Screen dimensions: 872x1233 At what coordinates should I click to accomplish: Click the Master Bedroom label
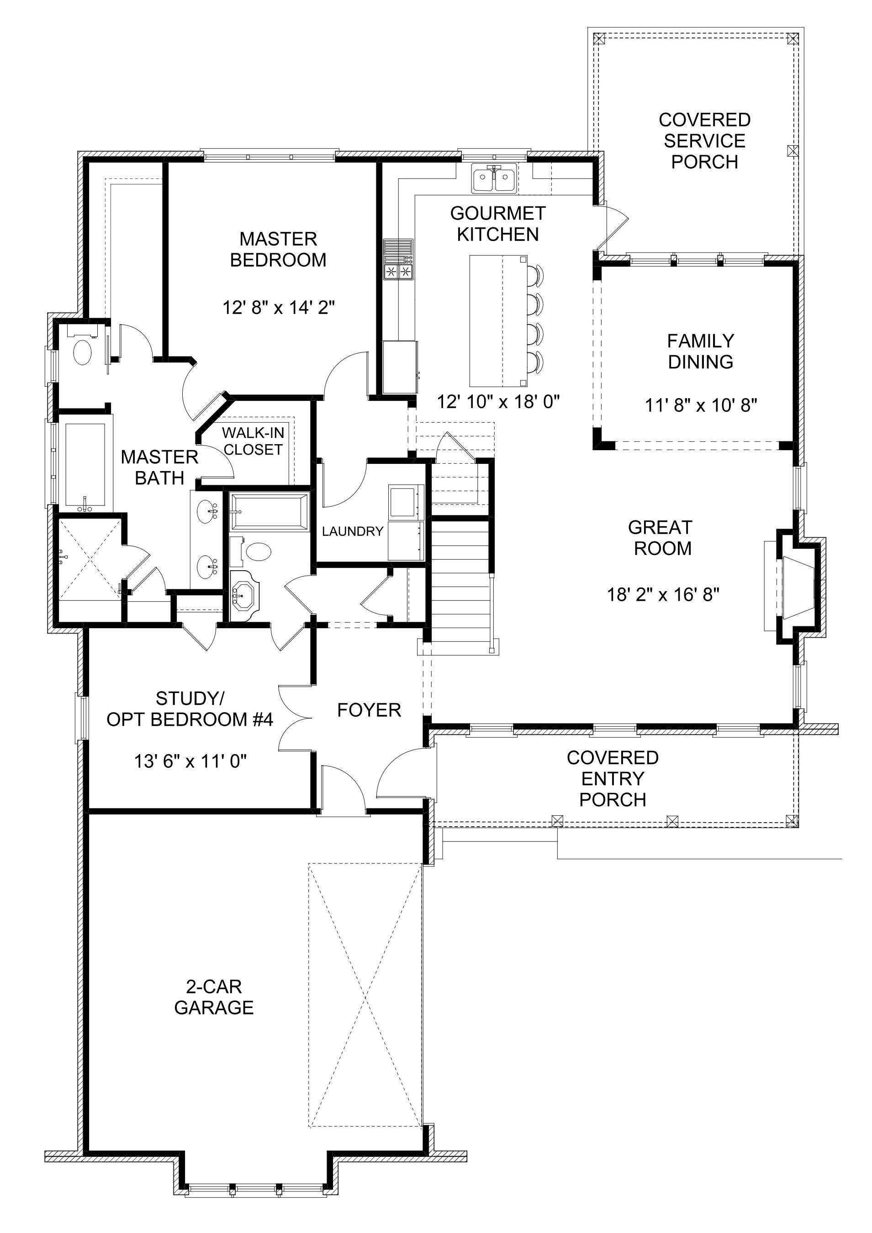tap(278, 249)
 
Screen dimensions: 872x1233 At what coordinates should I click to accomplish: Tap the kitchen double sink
tap(495, 178)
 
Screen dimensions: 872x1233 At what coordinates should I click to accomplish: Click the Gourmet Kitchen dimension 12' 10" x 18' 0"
tap(499, 402)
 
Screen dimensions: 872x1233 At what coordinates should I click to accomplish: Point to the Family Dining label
tap(701, 351)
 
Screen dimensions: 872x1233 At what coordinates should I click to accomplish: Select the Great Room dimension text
tap(663, 594)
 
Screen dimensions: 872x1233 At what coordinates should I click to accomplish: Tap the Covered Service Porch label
tap(704, 141)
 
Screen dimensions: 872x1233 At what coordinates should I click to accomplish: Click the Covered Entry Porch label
tap(613, 779)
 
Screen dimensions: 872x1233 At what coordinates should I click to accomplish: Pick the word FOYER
tap(369, 710)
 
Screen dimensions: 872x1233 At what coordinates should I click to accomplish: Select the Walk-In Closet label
tap(253, 441)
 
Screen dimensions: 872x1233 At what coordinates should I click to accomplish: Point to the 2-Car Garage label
tap(214, 997)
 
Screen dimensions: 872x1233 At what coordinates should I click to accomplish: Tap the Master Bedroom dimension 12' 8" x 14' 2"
tap(279, 308)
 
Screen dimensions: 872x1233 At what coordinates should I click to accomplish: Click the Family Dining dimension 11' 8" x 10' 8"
tap(701, 405)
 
